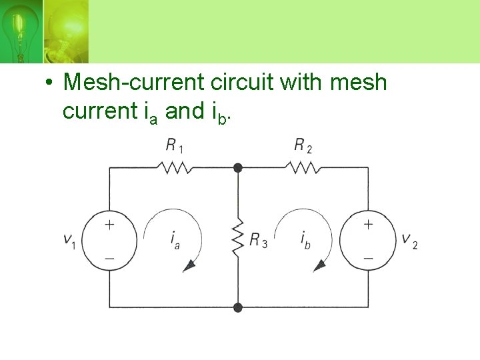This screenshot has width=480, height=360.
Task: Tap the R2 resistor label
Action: pos(303,146)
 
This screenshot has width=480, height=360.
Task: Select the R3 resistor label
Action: pos(258,240)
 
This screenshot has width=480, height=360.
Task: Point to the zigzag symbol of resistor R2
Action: pos(304,167)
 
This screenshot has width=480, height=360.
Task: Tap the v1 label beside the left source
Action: pos(69,241)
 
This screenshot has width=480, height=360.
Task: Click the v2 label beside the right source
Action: pos(409,241)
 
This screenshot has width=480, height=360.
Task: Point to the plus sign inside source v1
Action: pos(109,225)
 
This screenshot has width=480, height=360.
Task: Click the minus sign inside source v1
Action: pos(109,257)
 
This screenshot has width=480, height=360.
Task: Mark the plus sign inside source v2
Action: pos(368,225)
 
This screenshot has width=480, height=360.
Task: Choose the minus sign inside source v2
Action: pos(368,257)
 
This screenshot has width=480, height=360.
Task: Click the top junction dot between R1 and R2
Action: pos(238,168)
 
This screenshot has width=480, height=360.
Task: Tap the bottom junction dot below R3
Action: pos(238,307)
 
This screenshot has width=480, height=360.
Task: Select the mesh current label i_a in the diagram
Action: pos(175,239)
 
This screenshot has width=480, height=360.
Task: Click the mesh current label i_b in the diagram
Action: pos(305,239)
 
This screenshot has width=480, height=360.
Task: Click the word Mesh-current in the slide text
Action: pos(134,83)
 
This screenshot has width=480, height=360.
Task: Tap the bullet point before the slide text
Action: pos(49,83)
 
